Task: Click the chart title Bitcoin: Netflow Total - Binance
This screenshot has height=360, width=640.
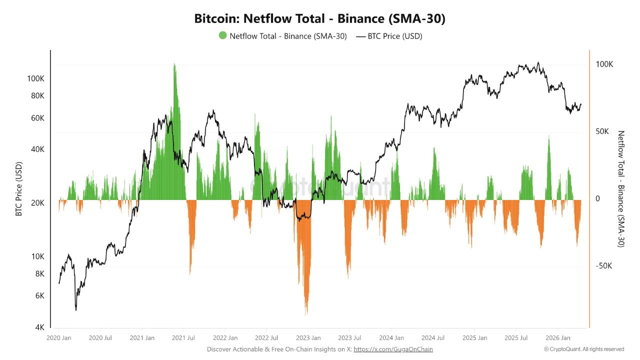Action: click(320, 19)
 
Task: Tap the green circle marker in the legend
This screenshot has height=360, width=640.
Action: click(222, 35)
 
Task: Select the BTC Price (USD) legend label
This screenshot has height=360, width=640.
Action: click(395, 36)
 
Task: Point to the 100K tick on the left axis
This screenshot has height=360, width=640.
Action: click(36, 78)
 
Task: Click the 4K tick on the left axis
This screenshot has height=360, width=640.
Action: click(39, 327)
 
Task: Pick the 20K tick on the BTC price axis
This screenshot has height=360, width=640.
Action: click(37, 203)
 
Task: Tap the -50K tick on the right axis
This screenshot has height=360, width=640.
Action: click(603, 265)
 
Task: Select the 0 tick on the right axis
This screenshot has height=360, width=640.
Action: click(598, 198)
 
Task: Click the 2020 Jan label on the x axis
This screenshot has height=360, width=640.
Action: click(59, 338)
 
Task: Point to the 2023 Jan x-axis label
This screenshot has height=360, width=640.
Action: click(308, 338)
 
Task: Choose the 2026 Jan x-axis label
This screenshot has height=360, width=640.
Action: click(558, 338)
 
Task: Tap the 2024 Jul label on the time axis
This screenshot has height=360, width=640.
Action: click(433, 338)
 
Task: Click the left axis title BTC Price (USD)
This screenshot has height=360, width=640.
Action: click(19, 188)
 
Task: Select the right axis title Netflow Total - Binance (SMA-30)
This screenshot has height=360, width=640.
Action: click(621, 188)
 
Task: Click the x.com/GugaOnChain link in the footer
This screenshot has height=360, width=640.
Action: click(393, 349)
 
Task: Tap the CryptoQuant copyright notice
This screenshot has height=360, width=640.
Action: click(584, 349)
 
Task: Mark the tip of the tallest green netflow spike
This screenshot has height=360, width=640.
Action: click(174, 63)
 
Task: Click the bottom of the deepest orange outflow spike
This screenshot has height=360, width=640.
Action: click(306, 315)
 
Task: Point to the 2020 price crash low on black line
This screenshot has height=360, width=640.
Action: click(76, 310)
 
